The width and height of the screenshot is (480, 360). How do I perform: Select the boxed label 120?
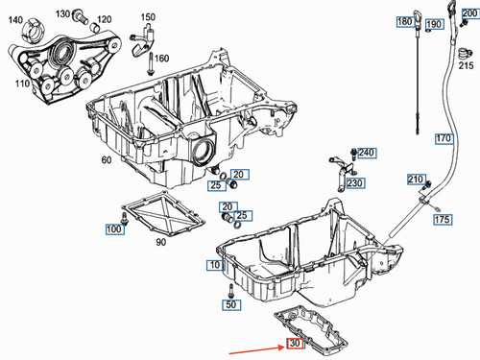point(103,18)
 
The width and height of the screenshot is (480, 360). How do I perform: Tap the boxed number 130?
point(62,14)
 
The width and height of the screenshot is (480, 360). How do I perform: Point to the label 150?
point(148,17)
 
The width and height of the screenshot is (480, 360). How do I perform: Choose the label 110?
point(19,84)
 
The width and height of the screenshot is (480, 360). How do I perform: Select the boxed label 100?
point(114,229)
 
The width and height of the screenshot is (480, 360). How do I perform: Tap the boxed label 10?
point(213,263)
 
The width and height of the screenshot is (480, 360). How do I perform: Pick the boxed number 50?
point(230,304)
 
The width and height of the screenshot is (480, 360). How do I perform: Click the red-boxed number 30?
point(295,343)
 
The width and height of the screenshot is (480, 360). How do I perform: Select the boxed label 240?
point(368,153)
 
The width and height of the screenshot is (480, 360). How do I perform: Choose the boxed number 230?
point(355,182)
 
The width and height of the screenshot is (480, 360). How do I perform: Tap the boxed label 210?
point(415,180)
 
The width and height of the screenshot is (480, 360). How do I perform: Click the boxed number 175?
point(442,220)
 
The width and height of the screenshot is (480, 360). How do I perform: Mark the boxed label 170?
point(443,139)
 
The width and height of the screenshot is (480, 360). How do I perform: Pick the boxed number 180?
point(405,21)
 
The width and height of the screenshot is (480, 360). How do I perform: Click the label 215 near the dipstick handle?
point(466,65)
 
